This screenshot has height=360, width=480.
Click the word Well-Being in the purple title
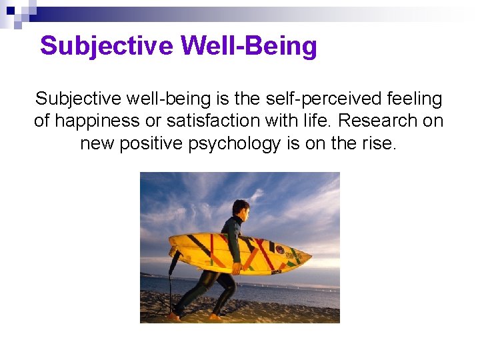pos(249,47)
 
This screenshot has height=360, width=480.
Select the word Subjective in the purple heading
pos(107,47)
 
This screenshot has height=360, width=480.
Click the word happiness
pos(103,122)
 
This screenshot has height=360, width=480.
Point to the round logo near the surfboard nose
pos(280,250)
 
